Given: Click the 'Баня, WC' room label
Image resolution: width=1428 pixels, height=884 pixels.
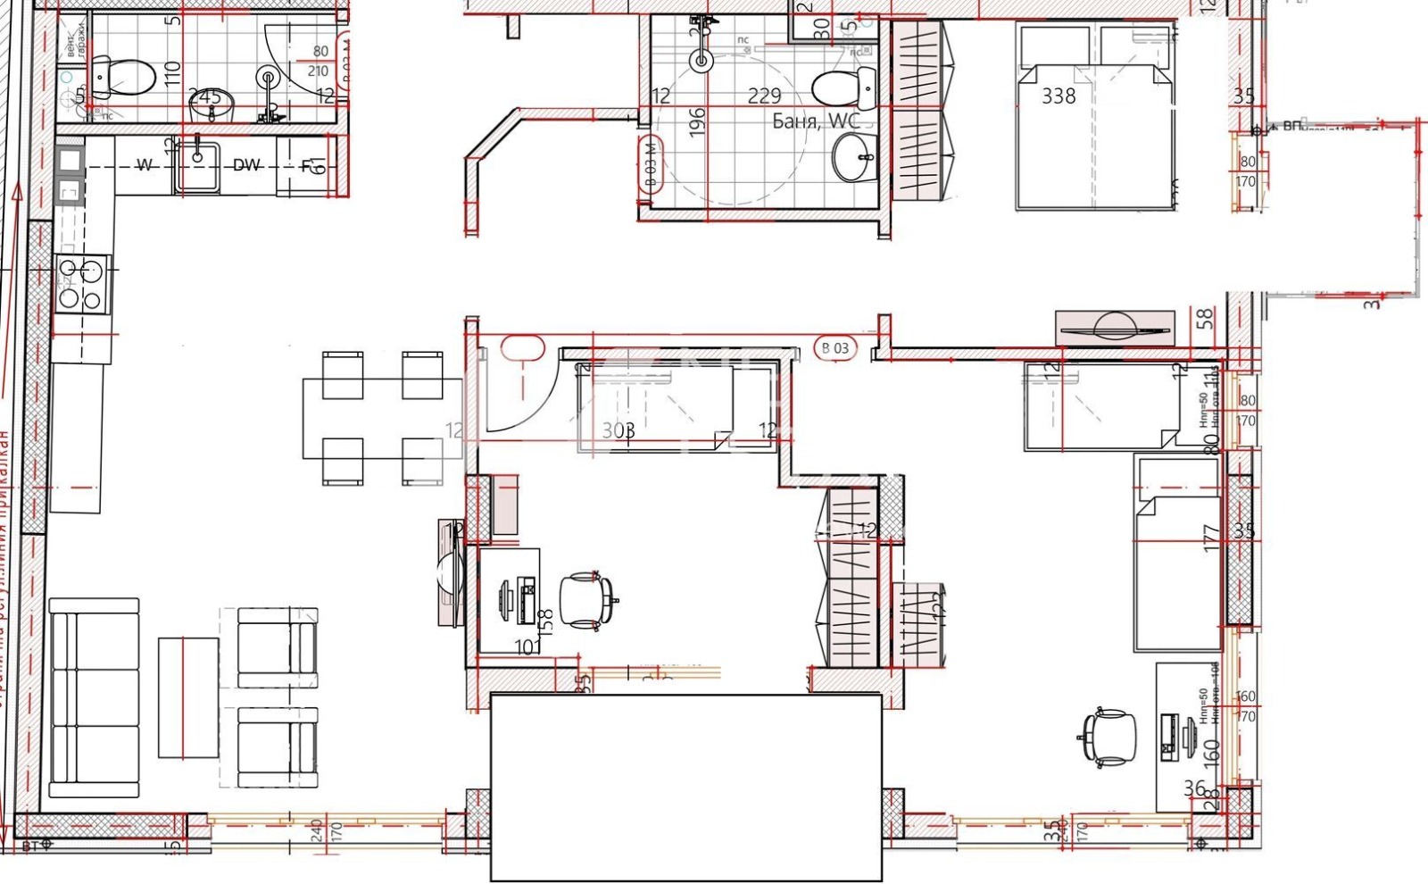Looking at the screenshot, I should [816, 121].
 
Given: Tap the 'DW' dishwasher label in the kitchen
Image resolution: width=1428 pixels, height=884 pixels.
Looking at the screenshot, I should [246, 165].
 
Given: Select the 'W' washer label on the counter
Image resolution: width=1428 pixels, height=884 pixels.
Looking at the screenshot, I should [144, 165].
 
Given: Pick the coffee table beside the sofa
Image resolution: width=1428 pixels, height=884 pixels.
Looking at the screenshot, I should [188, 697].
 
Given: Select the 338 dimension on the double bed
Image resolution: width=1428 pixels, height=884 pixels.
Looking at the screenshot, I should [1059, 96].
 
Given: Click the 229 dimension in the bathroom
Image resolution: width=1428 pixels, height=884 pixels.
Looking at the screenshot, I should [764, 96].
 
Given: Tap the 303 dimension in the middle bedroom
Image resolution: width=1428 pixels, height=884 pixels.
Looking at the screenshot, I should [618, 430].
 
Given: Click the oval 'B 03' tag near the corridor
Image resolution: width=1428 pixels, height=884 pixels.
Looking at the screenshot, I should [835, 348].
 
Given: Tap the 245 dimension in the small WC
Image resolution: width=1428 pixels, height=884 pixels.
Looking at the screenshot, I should [204, 96].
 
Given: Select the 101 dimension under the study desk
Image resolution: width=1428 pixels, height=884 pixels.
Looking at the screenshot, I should [528, 646].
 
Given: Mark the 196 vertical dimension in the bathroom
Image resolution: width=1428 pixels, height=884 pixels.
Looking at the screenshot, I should [698, 121].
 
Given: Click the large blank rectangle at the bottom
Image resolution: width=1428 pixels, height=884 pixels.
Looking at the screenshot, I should [686, 787].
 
